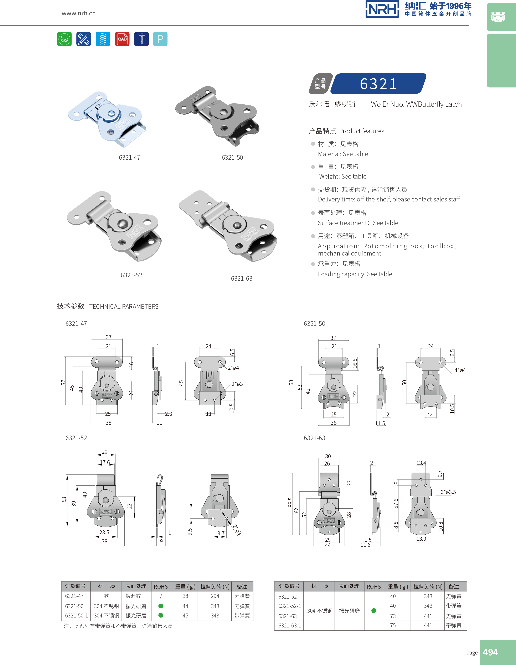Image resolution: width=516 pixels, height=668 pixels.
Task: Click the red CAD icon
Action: [122, 39]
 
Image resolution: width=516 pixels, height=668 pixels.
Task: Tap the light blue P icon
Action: [160, 39]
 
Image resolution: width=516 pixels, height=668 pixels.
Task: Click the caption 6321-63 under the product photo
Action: [242, 279]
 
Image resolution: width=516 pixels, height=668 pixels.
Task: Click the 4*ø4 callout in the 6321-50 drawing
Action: [460, 370]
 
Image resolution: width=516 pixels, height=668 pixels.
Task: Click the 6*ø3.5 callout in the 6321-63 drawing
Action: [448, 492]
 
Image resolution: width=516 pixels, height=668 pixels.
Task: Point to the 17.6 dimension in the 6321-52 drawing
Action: [105, 462]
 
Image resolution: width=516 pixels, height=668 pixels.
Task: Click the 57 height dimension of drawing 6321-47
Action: [63, 383]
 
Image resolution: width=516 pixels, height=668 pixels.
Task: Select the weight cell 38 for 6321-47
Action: [185, 596]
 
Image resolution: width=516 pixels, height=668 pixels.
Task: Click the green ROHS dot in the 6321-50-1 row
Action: [161, 615]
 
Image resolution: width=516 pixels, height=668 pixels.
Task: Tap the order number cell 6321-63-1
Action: [290, 626]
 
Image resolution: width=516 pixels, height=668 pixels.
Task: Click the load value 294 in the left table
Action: [215, 596]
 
